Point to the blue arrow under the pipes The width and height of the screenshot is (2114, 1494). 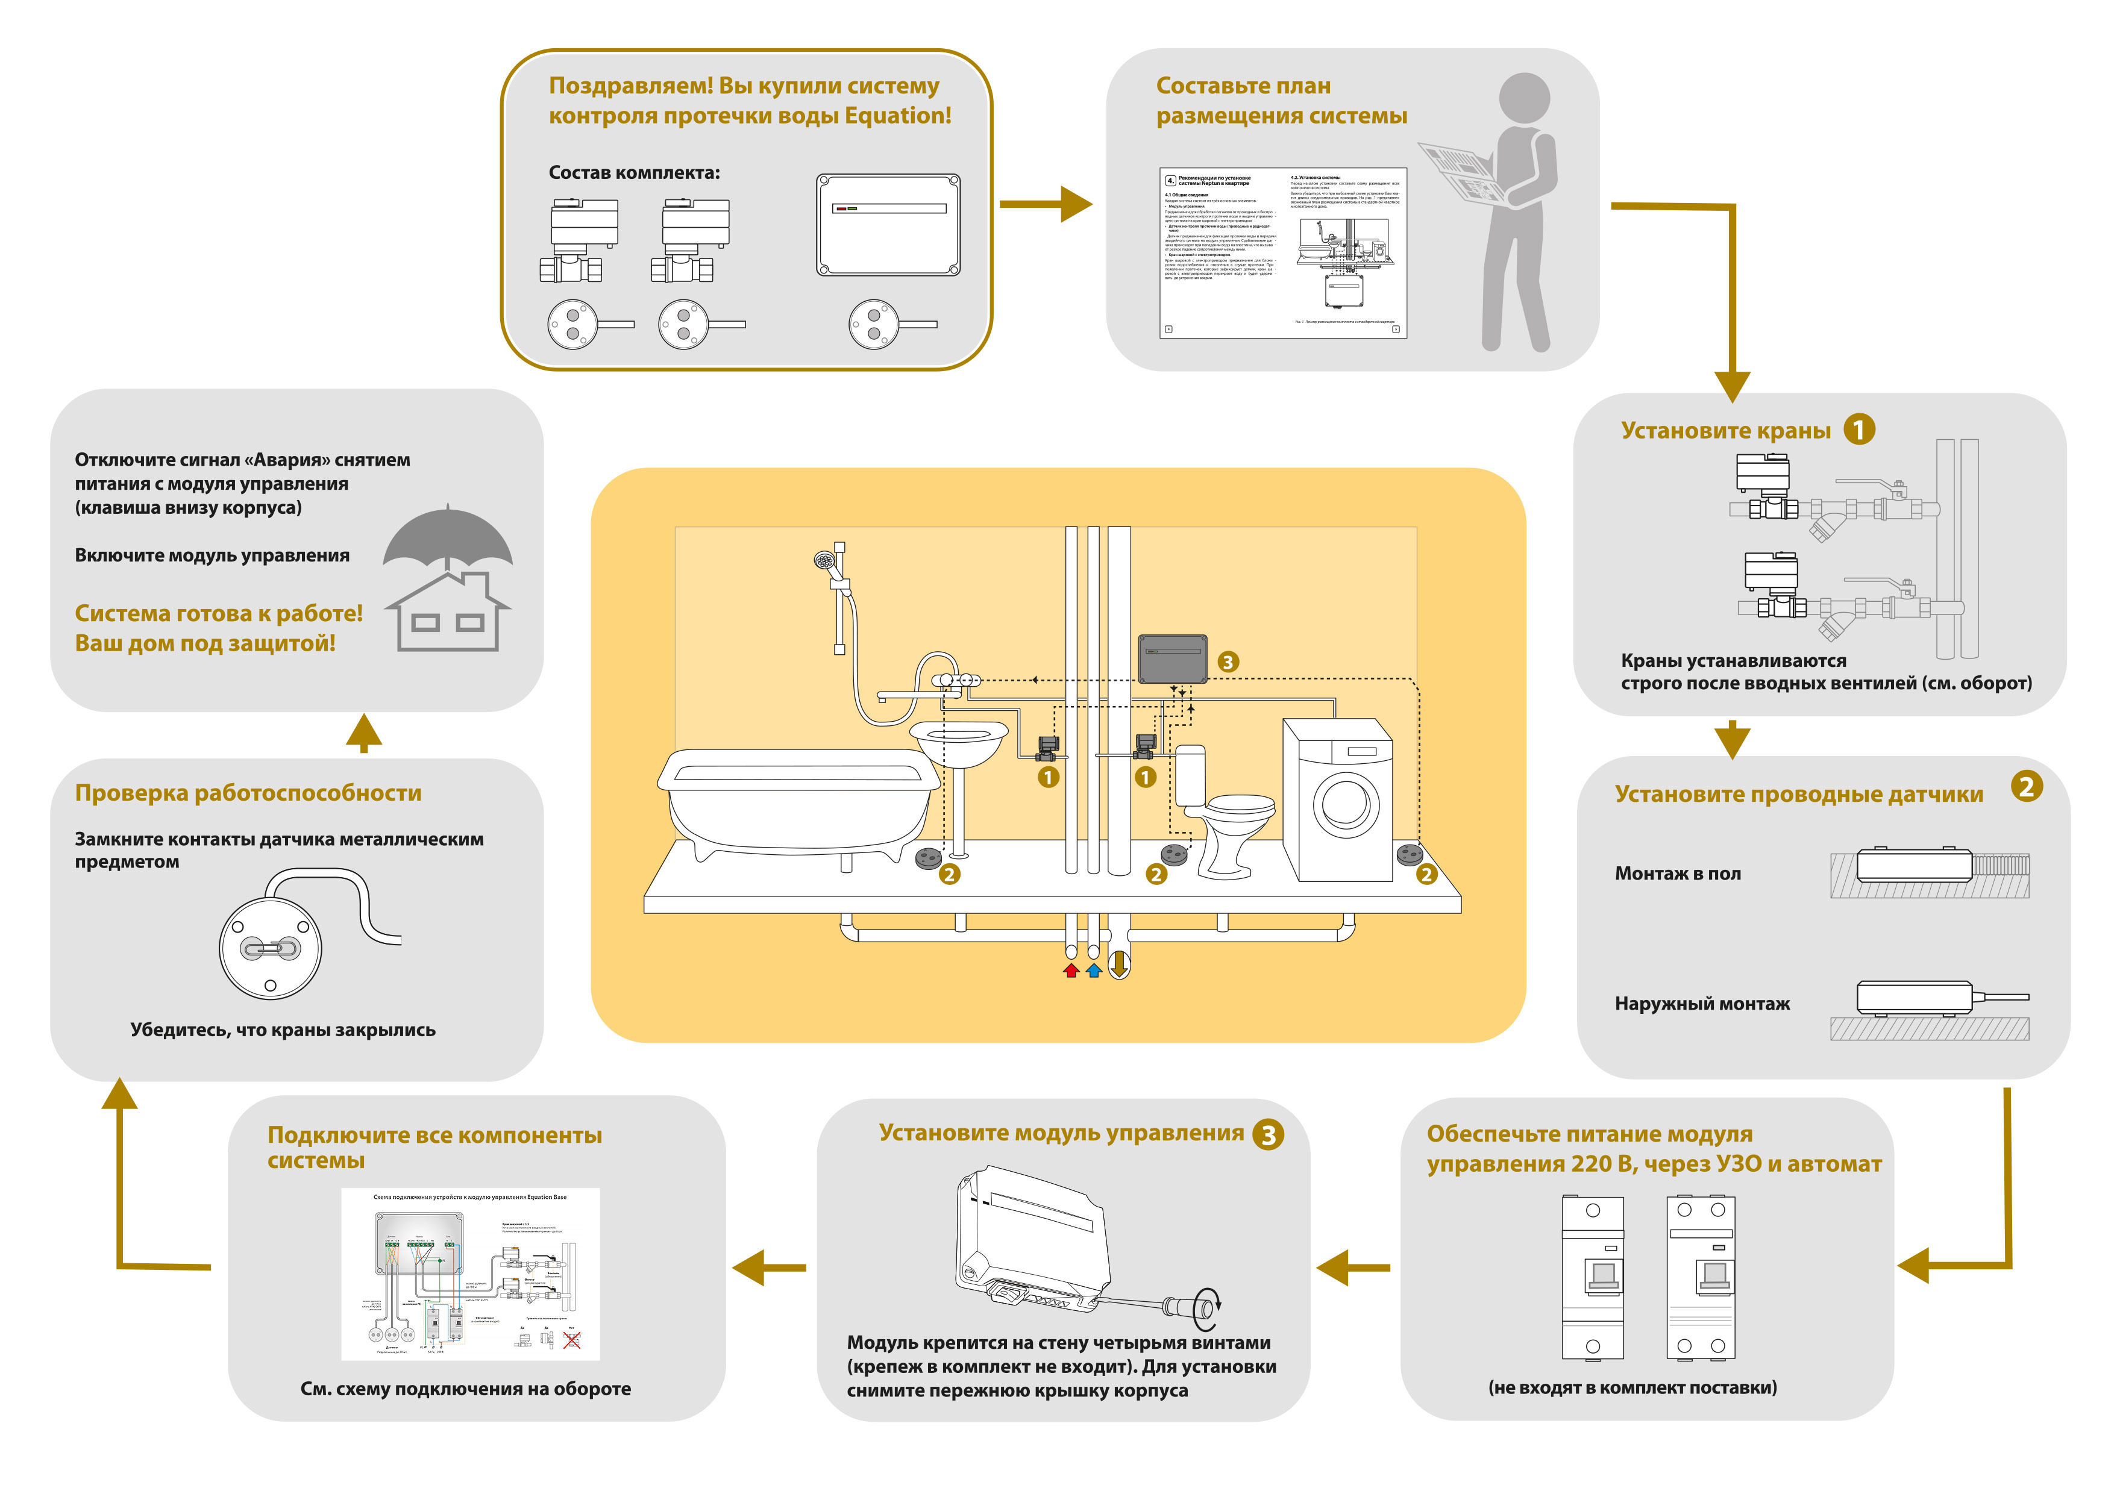click(1094, 970)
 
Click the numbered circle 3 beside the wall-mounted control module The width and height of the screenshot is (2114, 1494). click(1228, 662)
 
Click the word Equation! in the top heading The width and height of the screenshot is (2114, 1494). click(898, 116)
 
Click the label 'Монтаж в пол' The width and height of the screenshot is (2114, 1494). click(1678, 874)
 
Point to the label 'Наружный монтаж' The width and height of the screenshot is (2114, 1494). click(1702, 1004)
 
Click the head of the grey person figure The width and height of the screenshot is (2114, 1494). click(1524, 98)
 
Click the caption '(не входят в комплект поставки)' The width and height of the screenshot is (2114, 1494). click(1631, 1387)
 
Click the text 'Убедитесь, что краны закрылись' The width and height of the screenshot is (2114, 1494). click(283, 1030)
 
